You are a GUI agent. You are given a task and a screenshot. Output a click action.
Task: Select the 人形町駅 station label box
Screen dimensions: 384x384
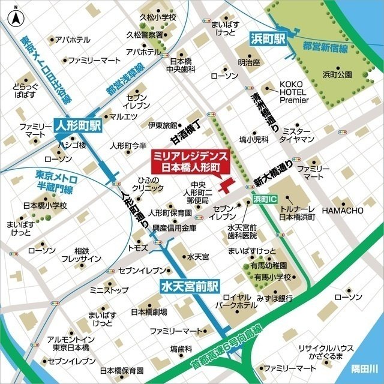click(78, 126)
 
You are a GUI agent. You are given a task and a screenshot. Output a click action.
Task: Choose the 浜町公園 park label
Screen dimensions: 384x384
click(337, 74)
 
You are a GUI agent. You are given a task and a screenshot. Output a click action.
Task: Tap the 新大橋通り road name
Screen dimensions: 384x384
click(273, 172)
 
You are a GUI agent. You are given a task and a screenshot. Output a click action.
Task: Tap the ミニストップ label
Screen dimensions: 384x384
click(109, 290)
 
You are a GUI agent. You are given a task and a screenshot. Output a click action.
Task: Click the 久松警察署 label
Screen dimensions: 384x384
click(148, 35)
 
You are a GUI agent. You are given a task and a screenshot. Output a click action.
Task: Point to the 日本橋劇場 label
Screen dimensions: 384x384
click(148, 313)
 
